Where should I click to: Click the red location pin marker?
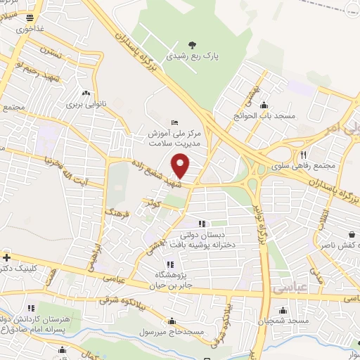[181, 166]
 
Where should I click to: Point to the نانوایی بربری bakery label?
[85, 104]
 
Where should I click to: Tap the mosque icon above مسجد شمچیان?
[283, 309]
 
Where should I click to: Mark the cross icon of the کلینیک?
[6, 257]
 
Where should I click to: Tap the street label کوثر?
[155, 204]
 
